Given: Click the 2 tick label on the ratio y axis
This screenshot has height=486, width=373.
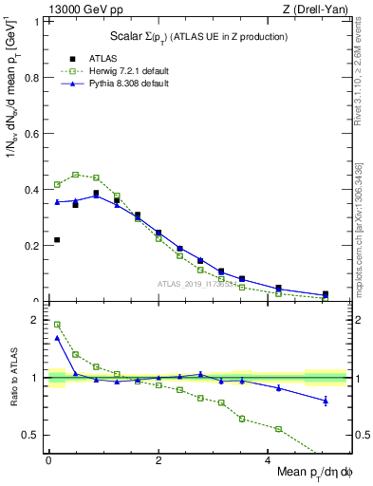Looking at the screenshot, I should pos(38,320).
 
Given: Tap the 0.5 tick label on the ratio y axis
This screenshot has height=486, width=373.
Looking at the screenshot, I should pos(33,435).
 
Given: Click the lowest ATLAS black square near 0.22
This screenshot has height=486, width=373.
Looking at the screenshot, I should pos(57,240).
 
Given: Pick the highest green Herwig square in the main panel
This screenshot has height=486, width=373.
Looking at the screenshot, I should pos(75,175).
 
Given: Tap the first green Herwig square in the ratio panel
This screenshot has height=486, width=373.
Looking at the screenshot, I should pos(57,325).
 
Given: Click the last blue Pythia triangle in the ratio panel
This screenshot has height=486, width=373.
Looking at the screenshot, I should pos(326,401).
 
